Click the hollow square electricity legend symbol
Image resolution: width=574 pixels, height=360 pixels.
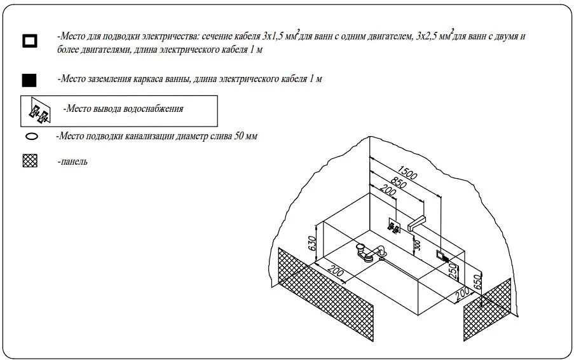coord(29,41)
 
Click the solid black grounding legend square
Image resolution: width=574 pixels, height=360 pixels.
coord(29,80)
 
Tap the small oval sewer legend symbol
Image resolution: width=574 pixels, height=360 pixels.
coord(32,137)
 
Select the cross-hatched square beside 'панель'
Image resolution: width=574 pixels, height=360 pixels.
coord(30,161)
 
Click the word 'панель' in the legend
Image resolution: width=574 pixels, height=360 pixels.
coord(74,162)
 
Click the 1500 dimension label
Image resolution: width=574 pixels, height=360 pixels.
coord(407,173)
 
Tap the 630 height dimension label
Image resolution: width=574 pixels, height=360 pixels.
coord(312,244)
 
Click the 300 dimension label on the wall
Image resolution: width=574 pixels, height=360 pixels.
coord(418,246)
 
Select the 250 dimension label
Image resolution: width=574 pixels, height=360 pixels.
coord(453,271)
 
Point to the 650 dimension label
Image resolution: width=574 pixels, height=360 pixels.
coord(477,282)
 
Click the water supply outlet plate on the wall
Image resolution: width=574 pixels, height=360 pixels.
coord(394,226)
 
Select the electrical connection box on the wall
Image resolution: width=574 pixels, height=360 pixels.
coord(442,255)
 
